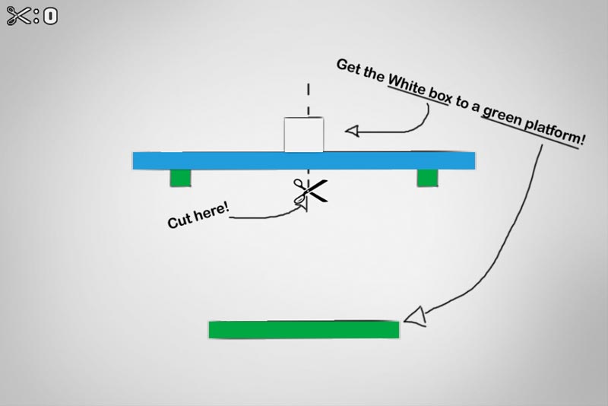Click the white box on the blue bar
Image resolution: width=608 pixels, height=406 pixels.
coord(303,135)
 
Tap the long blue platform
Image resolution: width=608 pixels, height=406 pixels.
coord(303,160)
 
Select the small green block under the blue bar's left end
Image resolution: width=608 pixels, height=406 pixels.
coord(180,178)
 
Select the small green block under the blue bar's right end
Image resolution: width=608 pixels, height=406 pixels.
coord(427,178)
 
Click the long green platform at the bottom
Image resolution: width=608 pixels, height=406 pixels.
coord(303,330)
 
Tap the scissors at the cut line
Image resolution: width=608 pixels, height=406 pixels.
coord(310,191)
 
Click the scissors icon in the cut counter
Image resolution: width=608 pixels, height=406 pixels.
coord(19,16)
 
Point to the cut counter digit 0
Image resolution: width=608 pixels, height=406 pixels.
coord(50,17)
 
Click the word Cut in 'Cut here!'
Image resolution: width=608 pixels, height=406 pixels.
coord(179,220)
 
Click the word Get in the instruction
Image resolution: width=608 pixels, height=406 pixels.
coord(348,67)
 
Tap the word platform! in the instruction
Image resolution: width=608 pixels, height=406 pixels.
coord(554,131)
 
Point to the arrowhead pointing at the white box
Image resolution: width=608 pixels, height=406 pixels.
coord(352,131)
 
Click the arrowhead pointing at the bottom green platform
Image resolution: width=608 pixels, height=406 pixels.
coord(415,316)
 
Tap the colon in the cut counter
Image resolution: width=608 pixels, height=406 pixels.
coord(36,16)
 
